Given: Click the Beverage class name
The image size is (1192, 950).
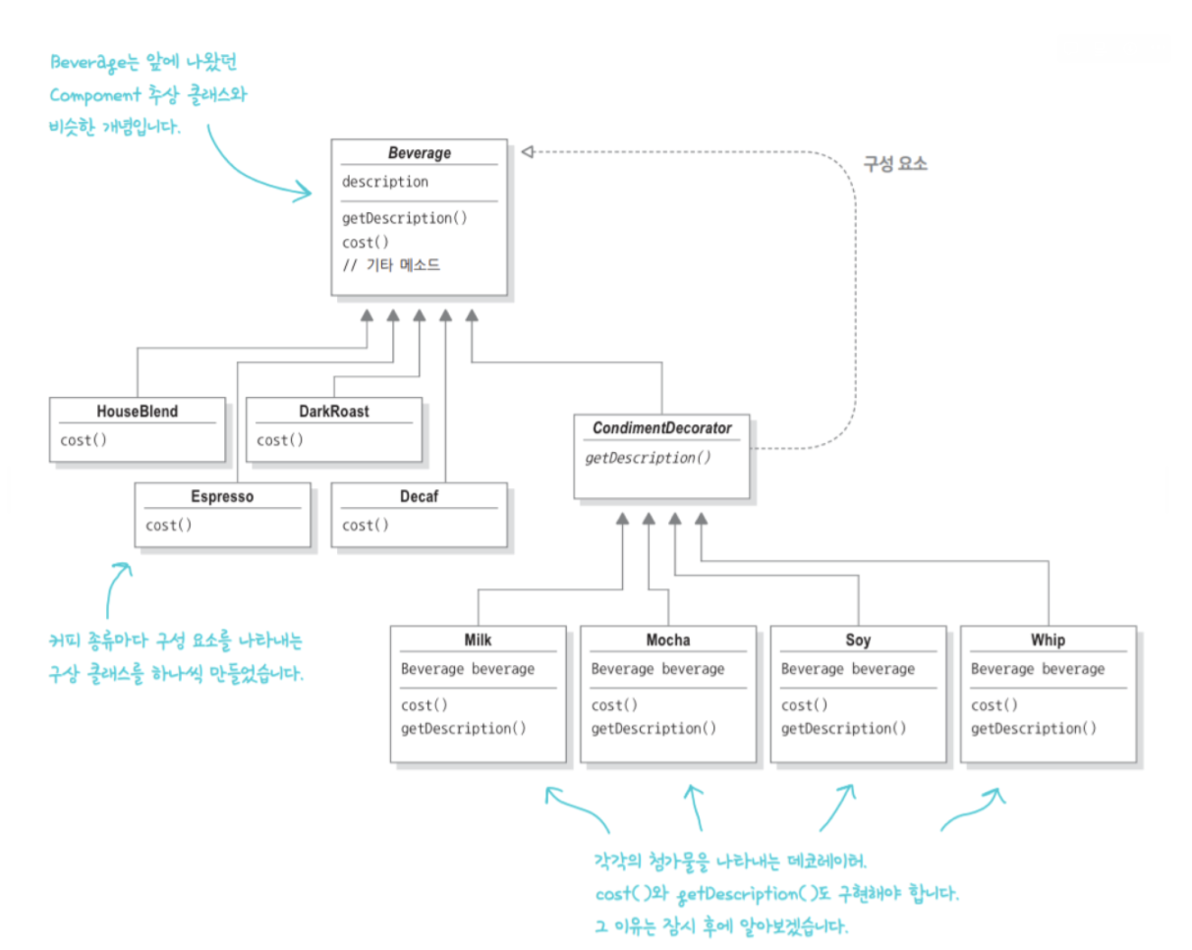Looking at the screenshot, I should pos(419,154).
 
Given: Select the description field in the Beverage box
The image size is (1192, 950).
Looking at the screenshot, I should pos(384,182).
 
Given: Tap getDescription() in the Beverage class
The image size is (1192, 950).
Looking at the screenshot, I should pos(404,218).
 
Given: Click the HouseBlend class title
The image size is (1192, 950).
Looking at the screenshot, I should pos(138,412).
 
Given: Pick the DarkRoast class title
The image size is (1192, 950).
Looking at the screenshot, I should pos(334,412).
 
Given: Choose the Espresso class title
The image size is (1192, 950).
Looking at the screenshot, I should pos(222,497).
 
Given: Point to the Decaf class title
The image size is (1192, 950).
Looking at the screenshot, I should pos(419,497).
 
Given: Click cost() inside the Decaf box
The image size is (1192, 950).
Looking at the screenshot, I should pos(366,526).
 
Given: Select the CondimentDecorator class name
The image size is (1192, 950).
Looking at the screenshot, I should pos(662,428).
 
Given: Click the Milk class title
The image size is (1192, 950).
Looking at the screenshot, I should pos(478,641).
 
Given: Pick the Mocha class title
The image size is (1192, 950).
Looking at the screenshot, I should pos(668,641).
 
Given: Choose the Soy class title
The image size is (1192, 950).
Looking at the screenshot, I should pos(858,641).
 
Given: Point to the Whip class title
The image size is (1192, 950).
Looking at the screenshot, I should pos(1049,641).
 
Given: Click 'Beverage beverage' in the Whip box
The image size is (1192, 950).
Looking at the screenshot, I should pos(1038,669).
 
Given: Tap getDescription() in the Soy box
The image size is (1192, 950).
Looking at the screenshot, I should pos(843,728).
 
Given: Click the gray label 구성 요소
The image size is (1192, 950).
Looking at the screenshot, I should pos(895,164).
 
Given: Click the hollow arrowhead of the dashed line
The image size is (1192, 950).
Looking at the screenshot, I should pos(527,150).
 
